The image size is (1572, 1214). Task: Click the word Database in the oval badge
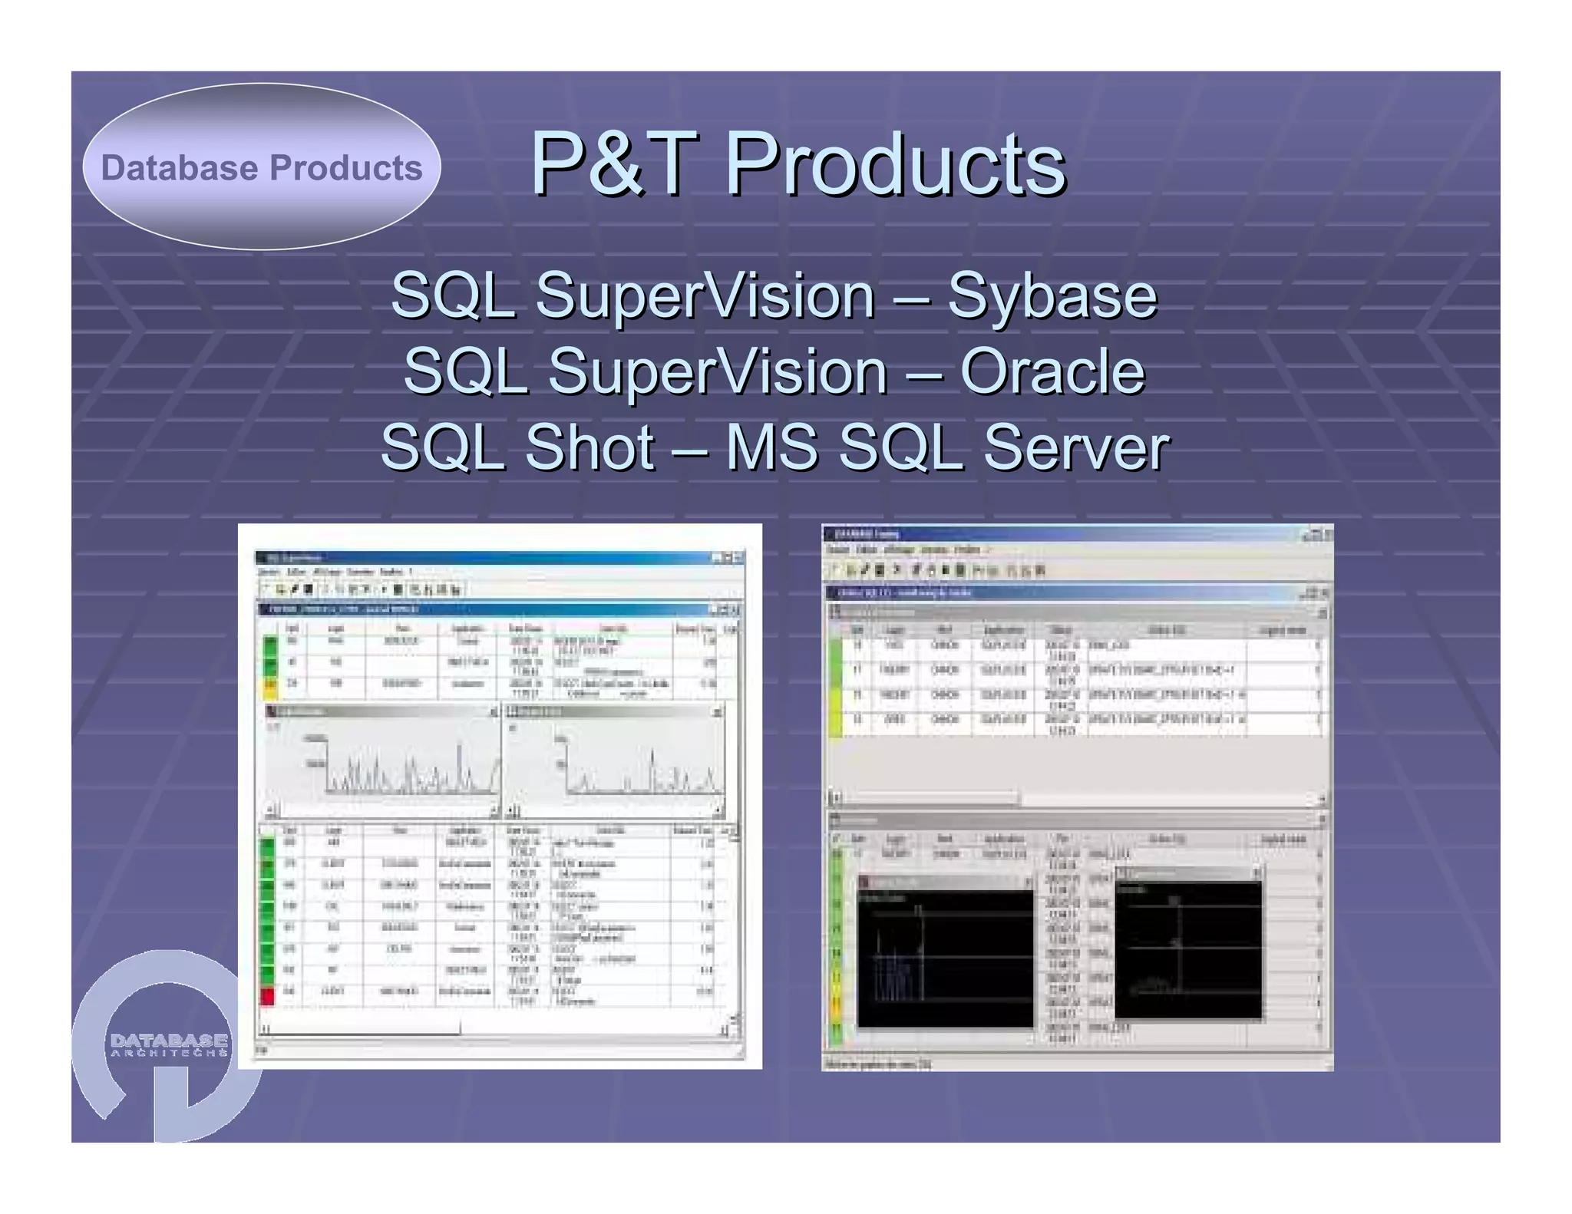click(178, 168)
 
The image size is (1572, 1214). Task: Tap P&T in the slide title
click(614, 163)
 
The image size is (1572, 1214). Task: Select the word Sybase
click(1052, 295)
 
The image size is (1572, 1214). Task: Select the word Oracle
click(1052, 371)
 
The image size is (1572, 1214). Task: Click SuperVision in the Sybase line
click(705, 295)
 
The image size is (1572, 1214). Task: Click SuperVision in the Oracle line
click(718, 371)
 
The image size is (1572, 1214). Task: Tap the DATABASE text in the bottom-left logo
click(169, 1040)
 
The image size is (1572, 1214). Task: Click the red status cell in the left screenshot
click(267, 996)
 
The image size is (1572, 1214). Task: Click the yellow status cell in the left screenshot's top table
click(270, 688)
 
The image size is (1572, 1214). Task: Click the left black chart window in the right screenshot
click(945, 959)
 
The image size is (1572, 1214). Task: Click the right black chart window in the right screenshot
click(1187, 952)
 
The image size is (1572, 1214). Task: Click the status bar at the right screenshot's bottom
click(1075, 1064)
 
